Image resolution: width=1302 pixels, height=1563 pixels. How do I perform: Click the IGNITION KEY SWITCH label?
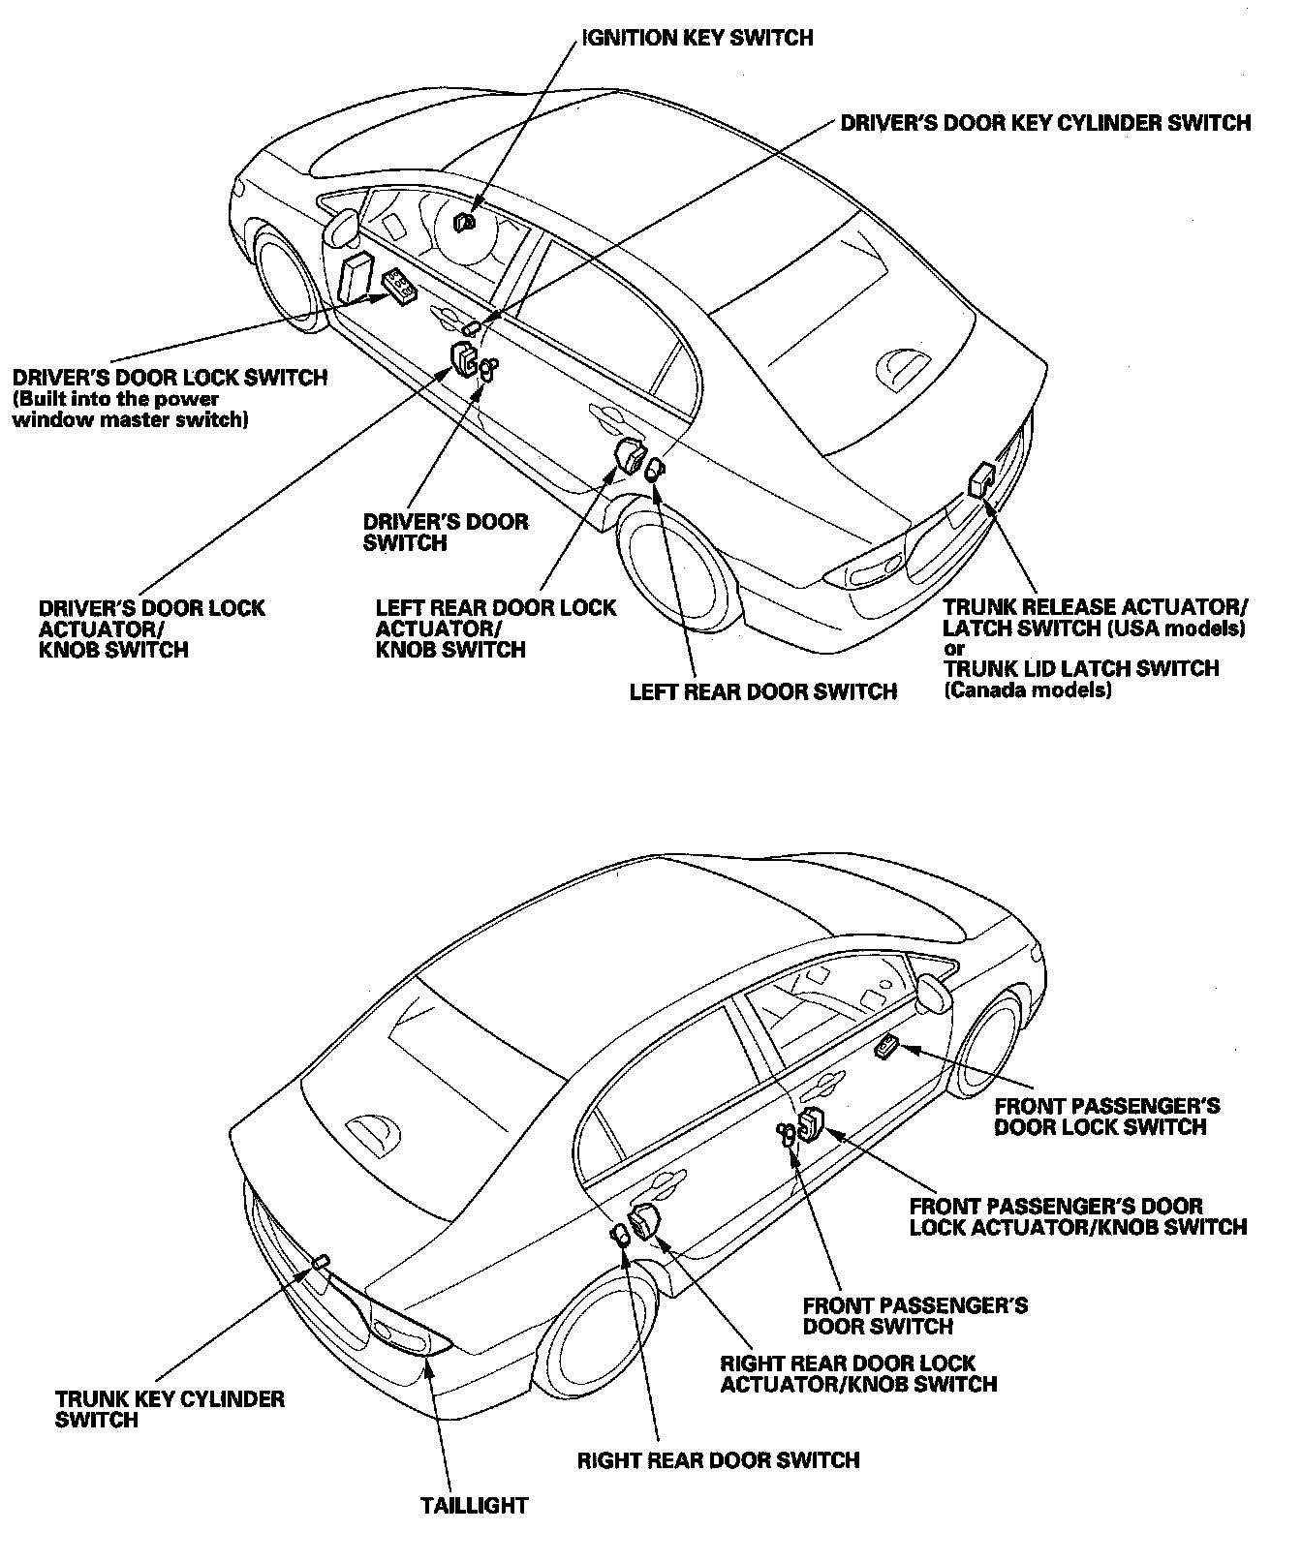coord(697,39)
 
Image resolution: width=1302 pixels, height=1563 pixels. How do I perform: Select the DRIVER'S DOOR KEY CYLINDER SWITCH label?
coord(1045,123)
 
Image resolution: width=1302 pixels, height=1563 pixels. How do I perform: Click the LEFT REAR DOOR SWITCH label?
coord(762,691)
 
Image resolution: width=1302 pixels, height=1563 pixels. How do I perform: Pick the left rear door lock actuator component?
coord(630,454)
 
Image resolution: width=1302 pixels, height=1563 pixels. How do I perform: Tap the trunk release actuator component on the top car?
coord(981,479)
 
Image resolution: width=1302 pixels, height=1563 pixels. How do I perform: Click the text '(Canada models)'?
coord(1027,690)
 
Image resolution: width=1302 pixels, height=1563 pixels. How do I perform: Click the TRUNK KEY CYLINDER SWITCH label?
coord(170,1409)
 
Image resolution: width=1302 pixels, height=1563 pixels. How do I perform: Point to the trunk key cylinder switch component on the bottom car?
coord(321,1260)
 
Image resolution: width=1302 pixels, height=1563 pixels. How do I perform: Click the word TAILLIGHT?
coord(474,1506)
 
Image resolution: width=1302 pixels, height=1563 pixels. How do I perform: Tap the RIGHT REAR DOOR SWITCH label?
coord(718,1459)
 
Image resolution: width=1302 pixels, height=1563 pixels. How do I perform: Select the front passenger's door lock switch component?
coord(885,1047)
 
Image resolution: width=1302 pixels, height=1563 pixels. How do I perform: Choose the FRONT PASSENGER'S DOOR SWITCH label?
coord(914,1315)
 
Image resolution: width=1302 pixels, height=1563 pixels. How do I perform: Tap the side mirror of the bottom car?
coord(934,994)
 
